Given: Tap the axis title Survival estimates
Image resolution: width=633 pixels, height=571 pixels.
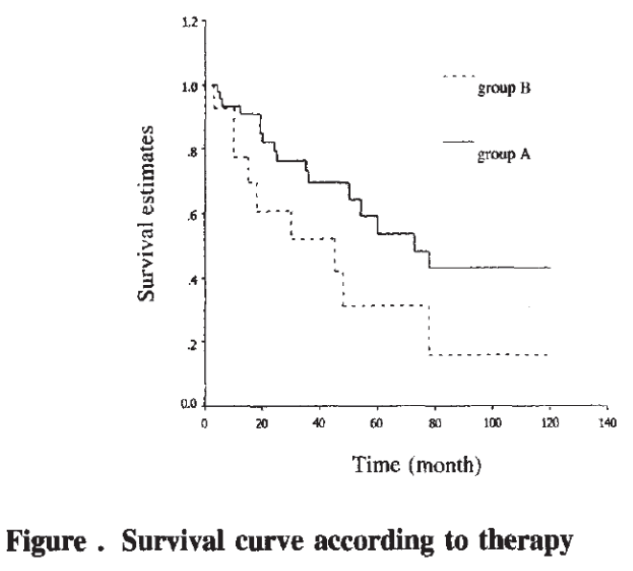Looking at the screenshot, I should point(147,213).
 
